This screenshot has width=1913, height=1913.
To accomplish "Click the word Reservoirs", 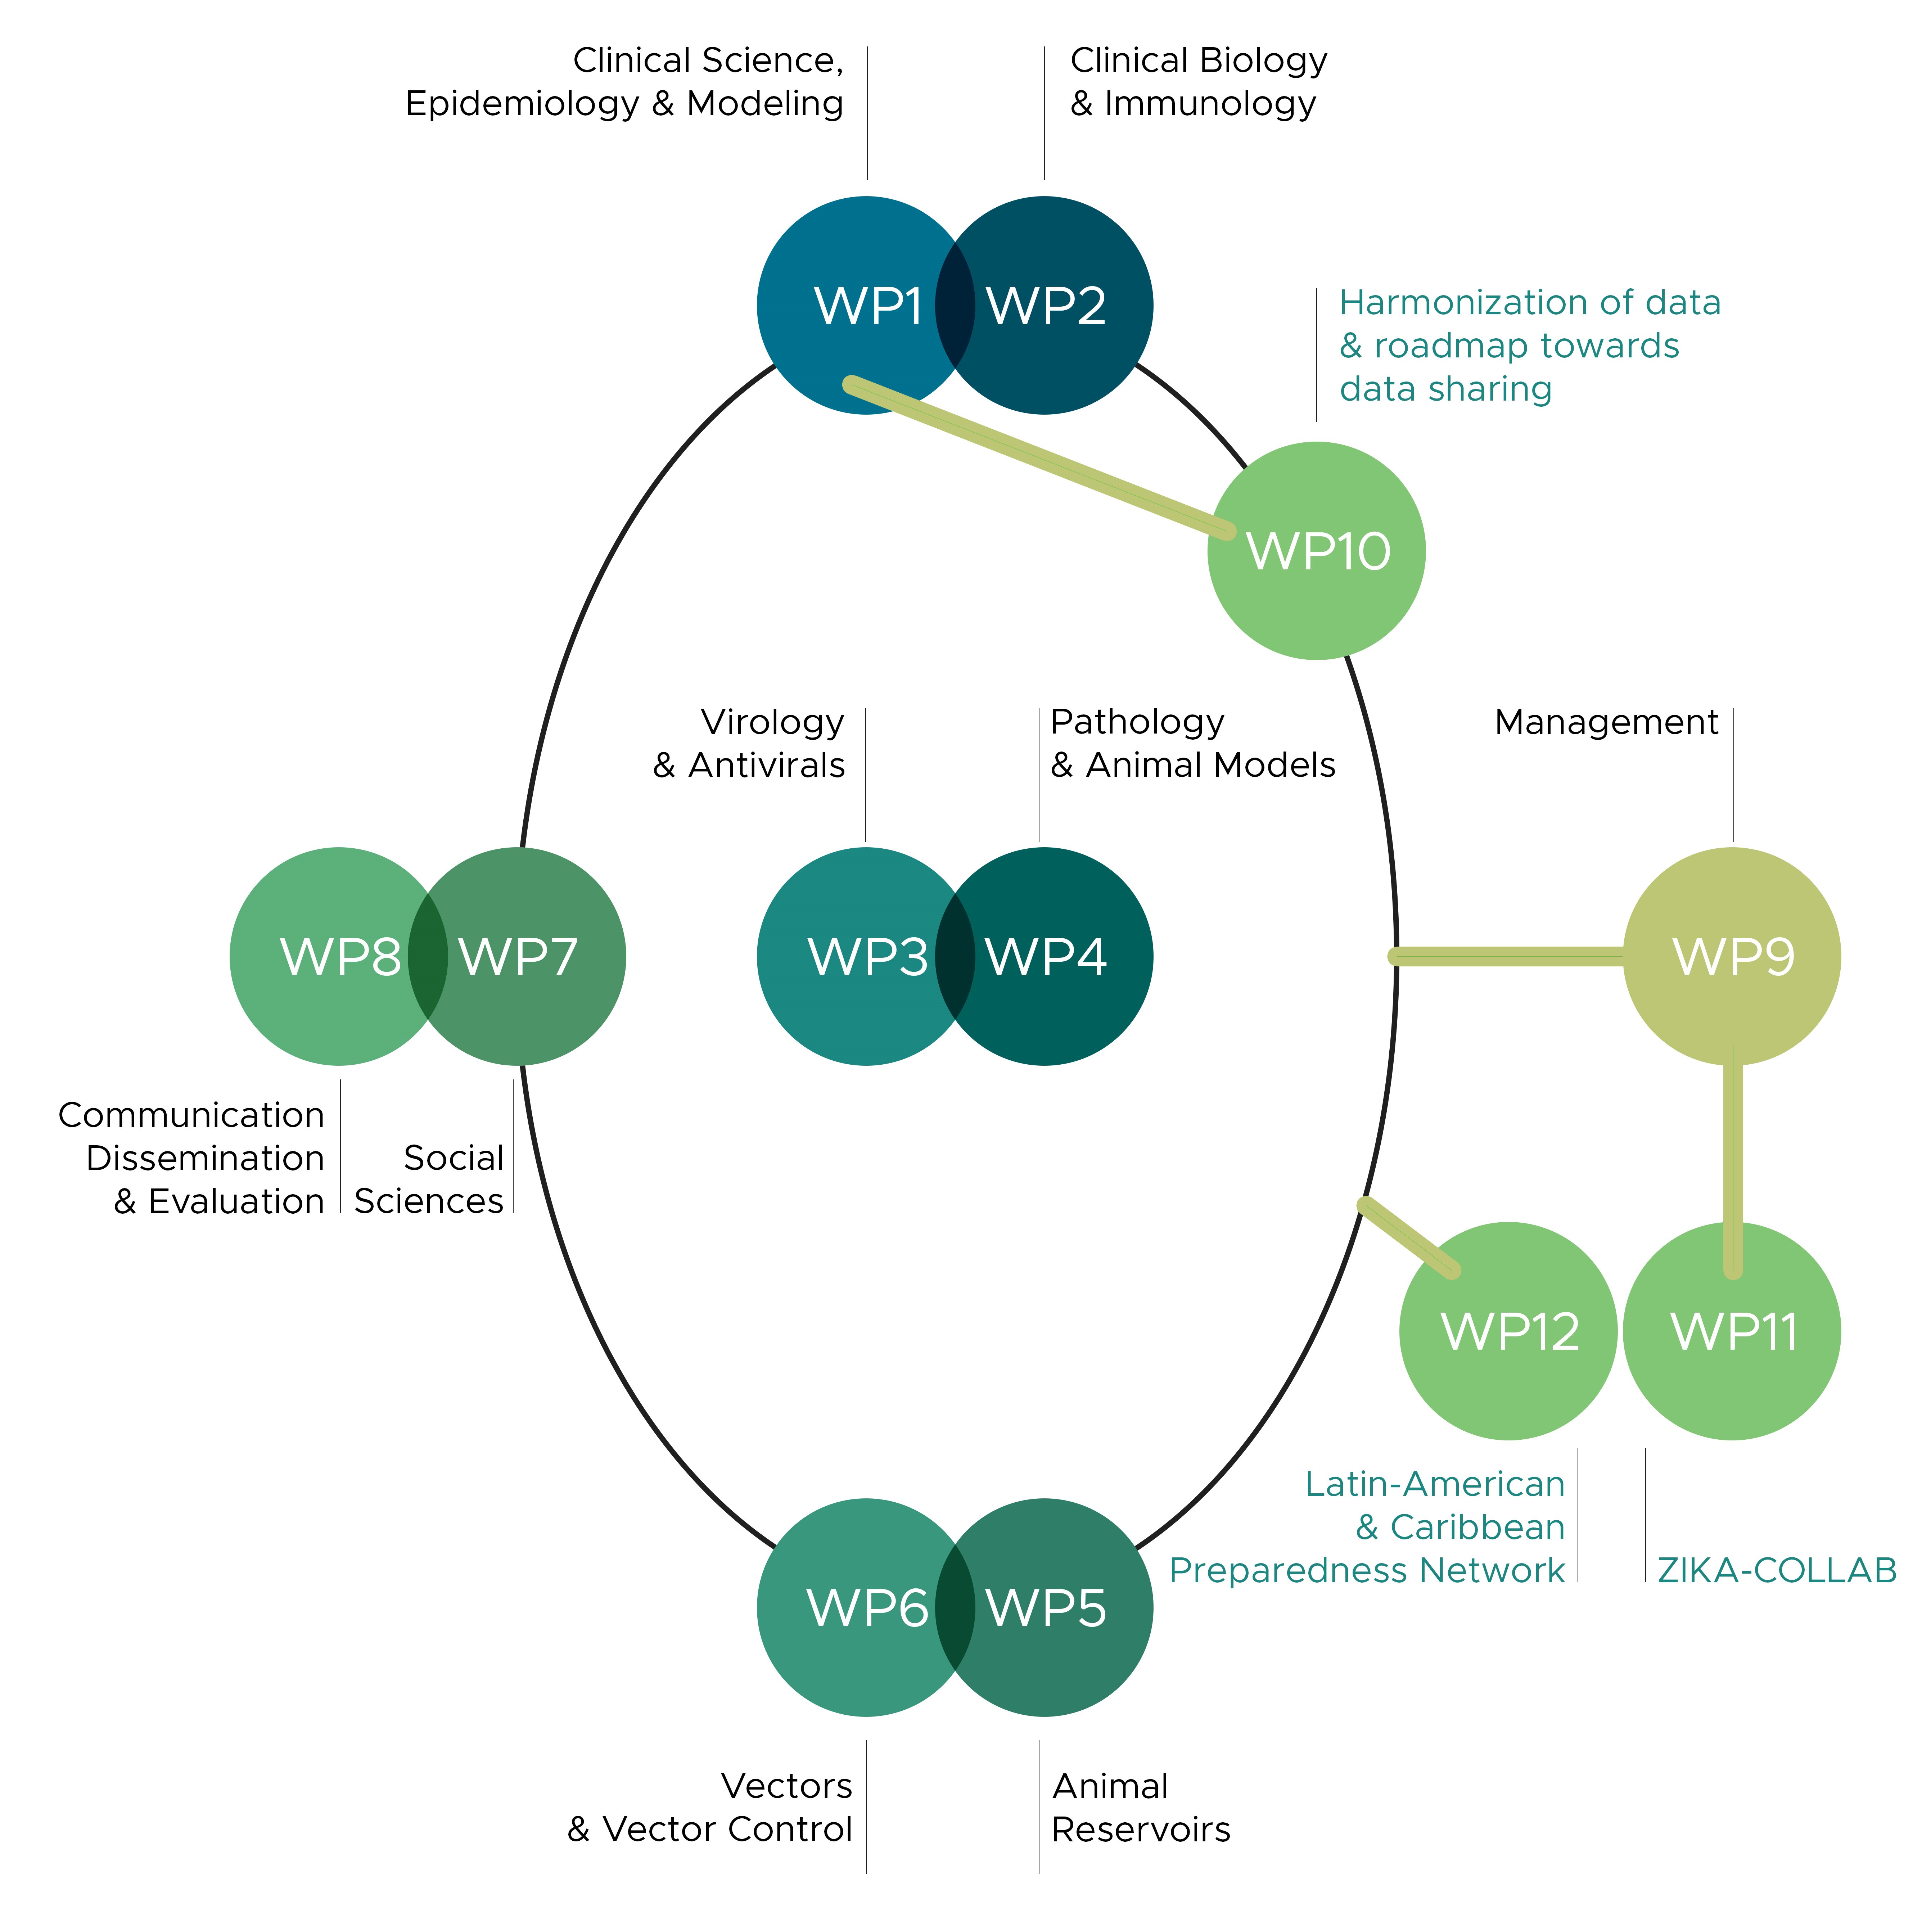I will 1141,1830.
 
